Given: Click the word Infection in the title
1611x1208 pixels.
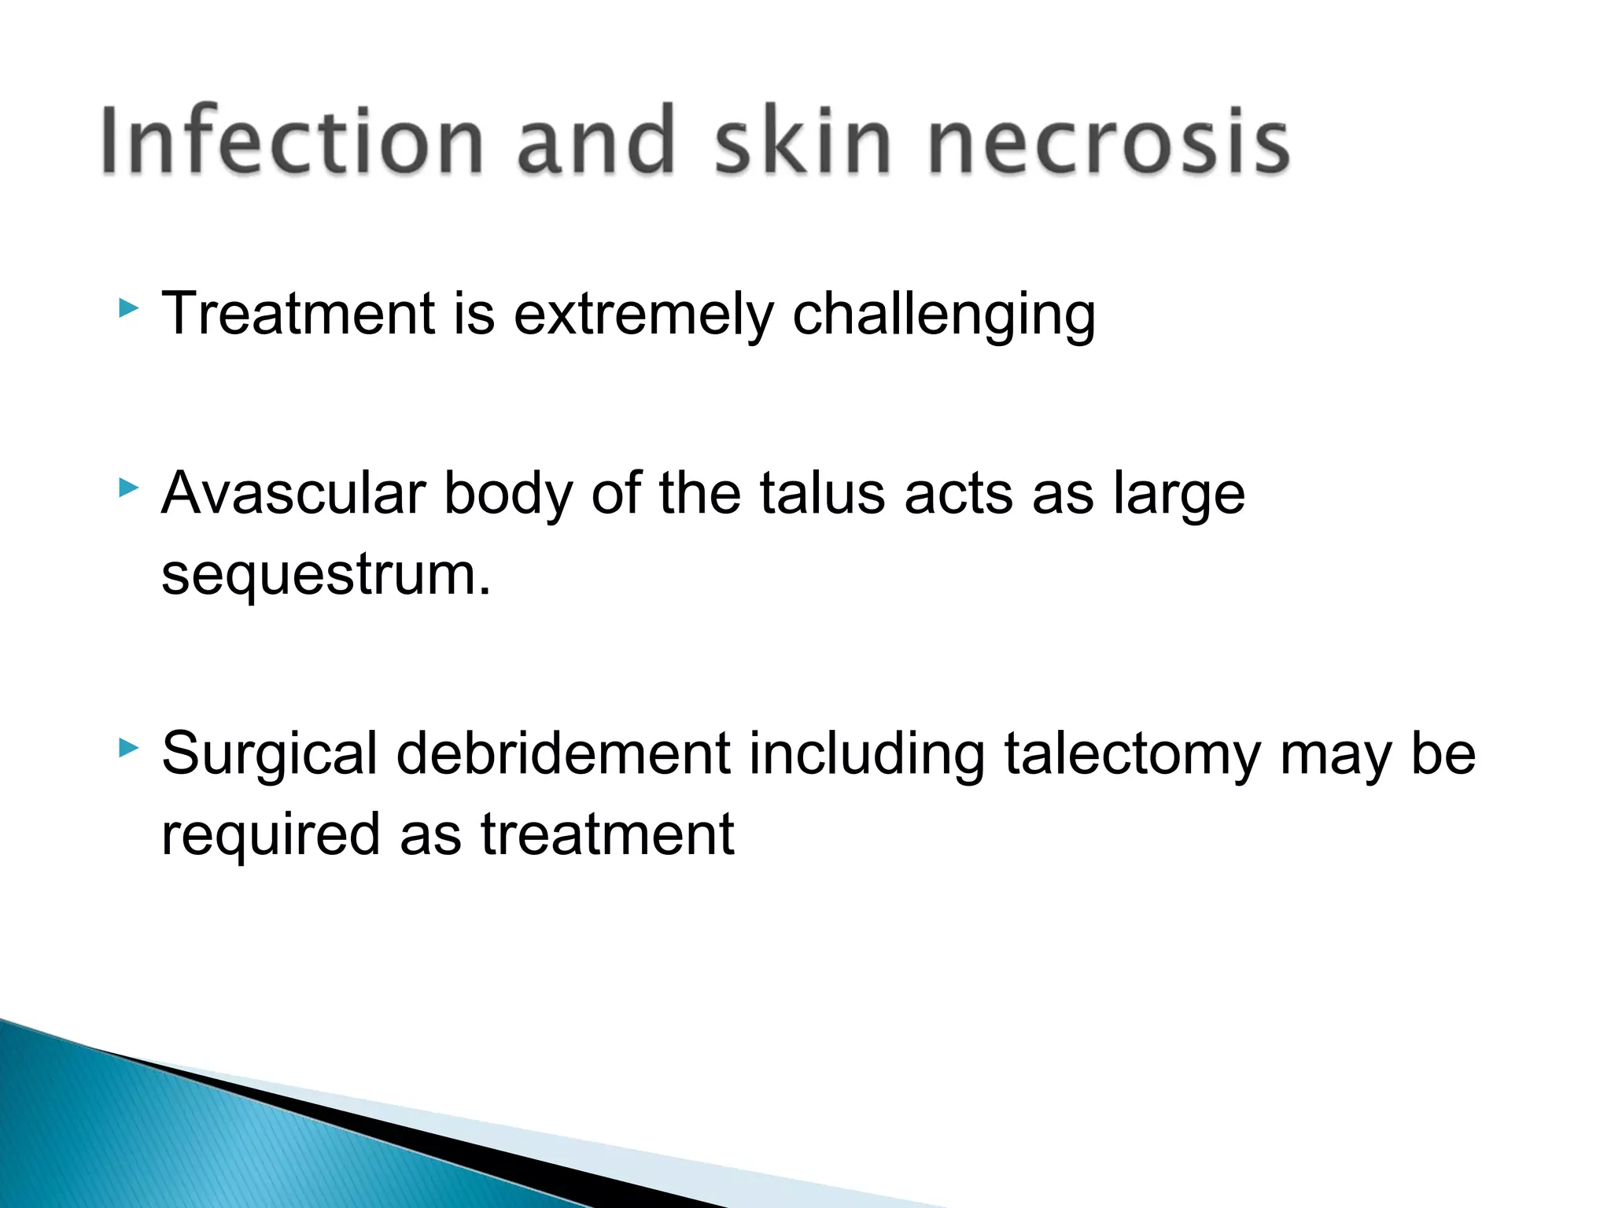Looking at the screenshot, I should (291, 141).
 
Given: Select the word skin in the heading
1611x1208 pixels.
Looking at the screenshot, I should (802, 141).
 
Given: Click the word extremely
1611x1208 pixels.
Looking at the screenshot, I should (643, 314).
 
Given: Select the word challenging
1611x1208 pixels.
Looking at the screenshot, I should (943, 314).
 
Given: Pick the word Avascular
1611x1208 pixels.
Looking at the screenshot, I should (293, 494).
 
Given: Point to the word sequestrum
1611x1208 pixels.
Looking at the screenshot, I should (325, 576).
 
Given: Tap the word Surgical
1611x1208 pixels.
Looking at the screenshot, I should (269, 753).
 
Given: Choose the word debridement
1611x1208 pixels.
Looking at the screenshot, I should (563, 753).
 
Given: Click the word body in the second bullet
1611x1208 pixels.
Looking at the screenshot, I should (507, 494).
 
